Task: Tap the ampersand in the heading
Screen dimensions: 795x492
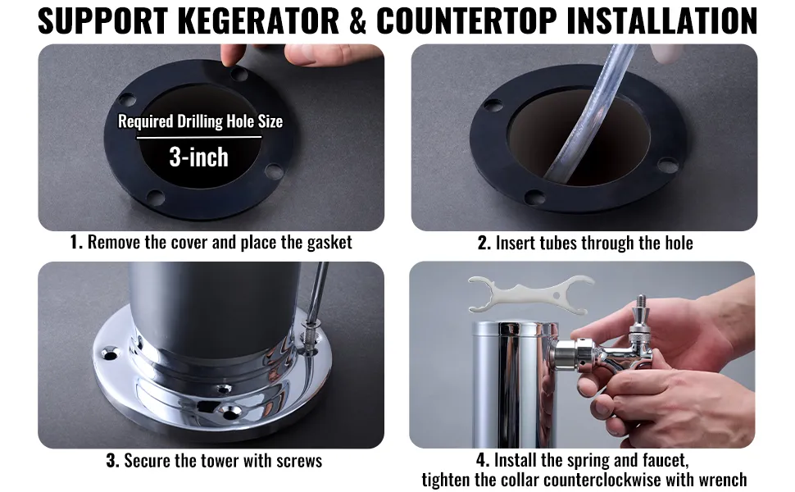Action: (x=358, y=20)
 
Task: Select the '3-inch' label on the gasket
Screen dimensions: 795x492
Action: (x=198, y=157)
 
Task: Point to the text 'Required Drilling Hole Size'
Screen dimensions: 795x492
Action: (x=200, y=121)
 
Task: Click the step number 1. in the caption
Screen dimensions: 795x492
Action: (x=76, y=242)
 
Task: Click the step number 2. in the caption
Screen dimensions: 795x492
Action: (x=484, y=243)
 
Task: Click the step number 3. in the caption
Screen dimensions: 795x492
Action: (x=112, y=461)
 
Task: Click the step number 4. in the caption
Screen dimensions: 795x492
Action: (x=483, y=460)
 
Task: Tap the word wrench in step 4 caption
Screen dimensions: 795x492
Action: (x=720, y=480)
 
